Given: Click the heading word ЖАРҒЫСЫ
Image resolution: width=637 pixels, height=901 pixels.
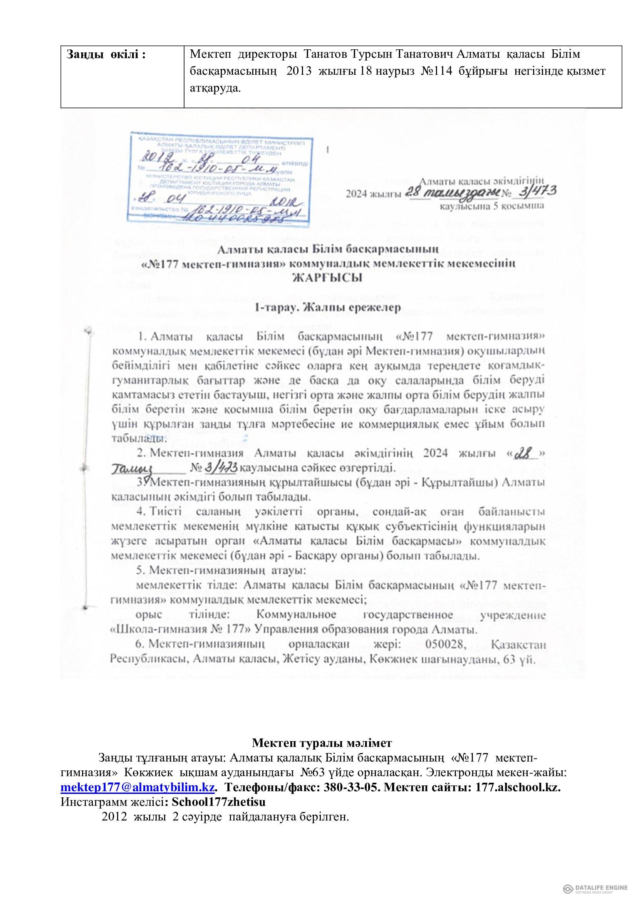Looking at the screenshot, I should pyautogui.click(x=318, y=279).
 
